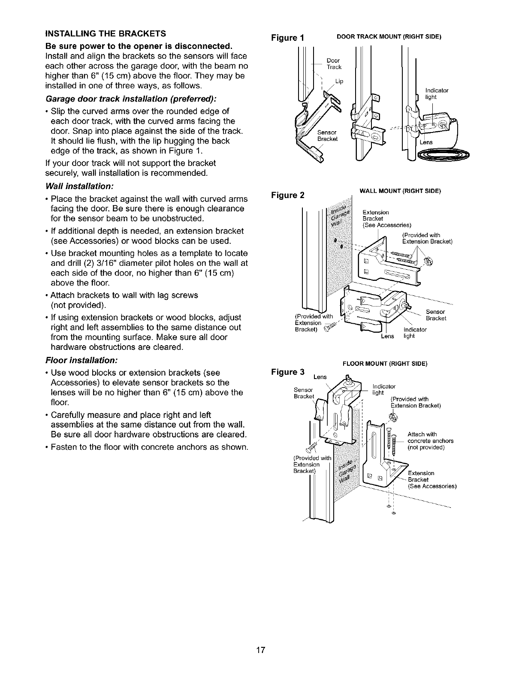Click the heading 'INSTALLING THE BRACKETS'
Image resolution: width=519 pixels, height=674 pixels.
click(106, 33)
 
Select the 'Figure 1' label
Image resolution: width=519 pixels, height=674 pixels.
click(288, 37)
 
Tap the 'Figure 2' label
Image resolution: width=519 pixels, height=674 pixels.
click(288, 195)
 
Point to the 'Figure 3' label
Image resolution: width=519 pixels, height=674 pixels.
click(288, 371)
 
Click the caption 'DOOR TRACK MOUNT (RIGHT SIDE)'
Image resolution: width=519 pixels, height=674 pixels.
click(389, 37)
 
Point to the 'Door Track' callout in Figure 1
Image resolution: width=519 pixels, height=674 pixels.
click(334, 63)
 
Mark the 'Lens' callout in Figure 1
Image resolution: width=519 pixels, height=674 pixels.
click(426, 142)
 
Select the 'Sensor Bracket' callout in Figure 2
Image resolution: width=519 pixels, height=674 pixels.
click(436, 315)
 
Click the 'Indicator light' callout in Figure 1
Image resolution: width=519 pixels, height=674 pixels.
click(436, 93)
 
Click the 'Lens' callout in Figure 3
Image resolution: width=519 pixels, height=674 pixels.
click(320, 377)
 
